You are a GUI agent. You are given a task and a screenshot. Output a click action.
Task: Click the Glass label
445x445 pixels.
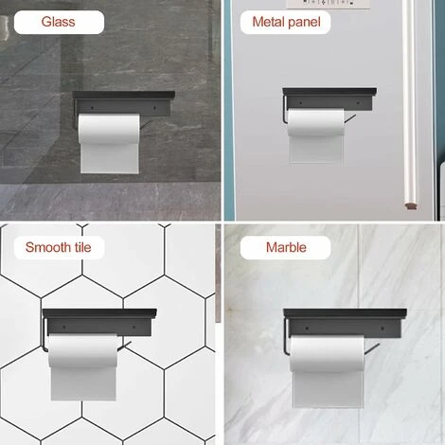(59, 22)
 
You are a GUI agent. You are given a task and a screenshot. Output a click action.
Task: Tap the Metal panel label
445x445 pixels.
(286, 22)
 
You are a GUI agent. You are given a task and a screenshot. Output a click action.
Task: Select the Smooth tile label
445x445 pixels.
(59, 247)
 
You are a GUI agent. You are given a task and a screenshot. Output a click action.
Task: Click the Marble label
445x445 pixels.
(286, 247)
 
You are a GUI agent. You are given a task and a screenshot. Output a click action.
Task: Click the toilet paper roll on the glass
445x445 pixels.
(109, 129)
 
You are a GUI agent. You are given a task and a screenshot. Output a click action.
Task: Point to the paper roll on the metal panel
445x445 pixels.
(316, 123)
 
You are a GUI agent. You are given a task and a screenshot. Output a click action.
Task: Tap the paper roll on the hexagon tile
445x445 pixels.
(83, 350)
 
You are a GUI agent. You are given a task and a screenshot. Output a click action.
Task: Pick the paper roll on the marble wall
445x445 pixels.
(328, 353)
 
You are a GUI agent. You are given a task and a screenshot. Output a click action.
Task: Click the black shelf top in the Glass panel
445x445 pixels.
(124, 95)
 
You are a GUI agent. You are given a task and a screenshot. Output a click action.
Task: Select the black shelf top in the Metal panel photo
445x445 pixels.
(329, 92)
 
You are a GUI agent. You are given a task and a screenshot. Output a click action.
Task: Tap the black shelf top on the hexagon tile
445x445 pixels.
(99, 312)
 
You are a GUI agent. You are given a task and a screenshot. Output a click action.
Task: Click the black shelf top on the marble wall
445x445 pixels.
(345, 313)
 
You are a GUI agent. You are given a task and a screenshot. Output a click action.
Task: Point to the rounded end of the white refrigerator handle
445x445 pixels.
(411, 205)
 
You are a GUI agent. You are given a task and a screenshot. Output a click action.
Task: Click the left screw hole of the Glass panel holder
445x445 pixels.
(92, 108)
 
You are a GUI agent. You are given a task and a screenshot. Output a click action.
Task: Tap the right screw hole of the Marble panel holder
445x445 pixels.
(383, 329)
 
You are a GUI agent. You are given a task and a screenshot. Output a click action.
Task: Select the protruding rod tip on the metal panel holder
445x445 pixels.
(354, 116)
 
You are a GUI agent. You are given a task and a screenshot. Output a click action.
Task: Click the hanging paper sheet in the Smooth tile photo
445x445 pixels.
(83, 383)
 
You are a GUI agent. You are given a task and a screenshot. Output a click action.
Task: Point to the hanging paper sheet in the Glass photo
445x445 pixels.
(110, 159)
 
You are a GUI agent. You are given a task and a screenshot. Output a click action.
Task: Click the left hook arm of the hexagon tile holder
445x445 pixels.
(44, 334)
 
